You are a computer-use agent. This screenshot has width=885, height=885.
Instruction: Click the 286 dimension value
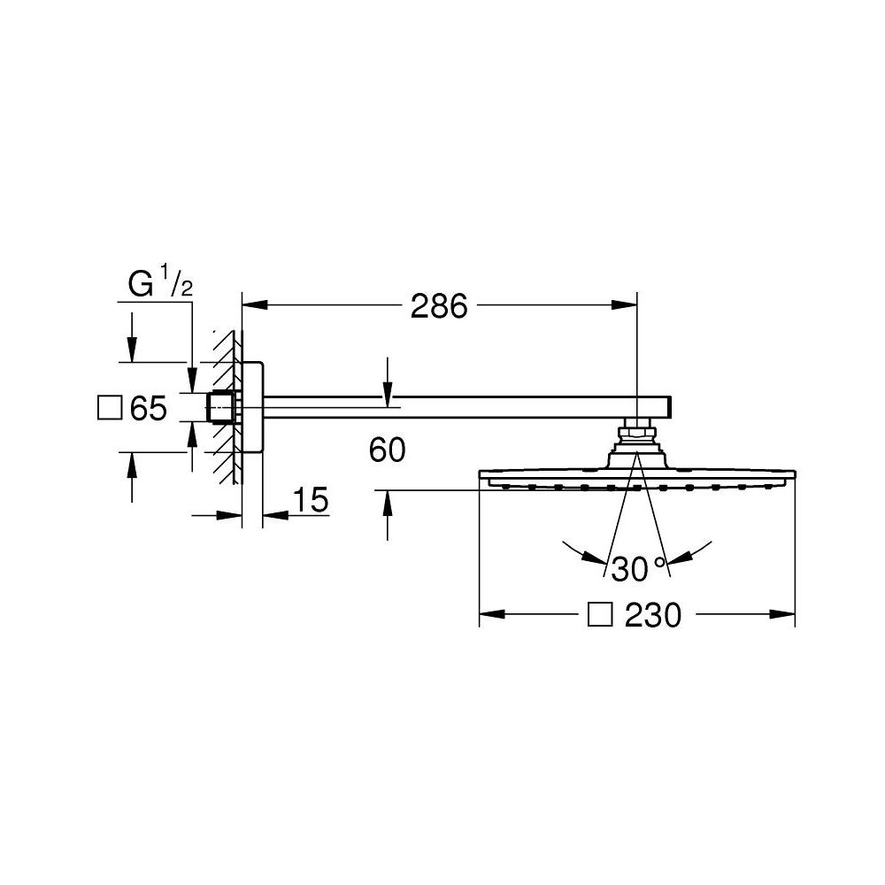[439, 306]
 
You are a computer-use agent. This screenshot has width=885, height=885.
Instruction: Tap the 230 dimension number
[653, 615]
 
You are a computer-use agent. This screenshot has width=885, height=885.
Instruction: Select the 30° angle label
[639, 569]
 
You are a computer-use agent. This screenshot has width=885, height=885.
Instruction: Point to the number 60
[388, 450]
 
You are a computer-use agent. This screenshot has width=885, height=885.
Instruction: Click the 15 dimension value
[311, 500]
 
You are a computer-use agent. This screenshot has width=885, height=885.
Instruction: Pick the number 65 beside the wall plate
[149, 408]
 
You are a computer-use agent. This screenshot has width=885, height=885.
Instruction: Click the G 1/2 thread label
[160, 283]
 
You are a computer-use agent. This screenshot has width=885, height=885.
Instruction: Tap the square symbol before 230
[600, 615]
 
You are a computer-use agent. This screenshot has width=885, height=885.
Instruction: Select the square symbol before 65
[110, 407]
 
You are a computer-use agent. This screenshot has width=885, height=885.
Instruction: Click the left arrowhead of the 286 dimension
[255, 304]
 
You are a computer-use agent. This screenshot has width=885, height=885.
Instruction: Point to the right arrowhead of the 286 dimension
[624, 304]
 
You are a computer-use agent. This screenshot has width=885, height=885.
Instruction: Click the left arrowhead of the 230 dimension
[492, 614]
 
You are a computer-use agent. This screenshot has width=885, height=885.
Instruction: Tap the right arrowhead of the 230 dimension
[782, 614]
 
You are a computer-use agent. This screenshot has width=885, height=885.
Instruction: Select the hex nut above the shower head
[637, 434]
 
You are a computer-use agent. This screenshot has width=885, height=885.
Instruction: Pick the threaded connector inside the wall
[220, 407]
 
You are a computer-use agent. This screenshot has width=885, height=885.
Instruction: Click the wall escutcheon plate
[252, 407]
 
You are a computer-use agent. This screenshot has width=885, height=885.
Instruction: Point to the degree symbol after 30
[658, 562]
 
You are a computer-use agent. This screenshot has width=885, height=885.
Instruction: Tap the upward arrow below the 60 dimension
[388, 515]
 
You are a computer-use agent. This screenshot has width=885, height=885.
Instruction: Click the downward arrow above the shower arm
[388, 382]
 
